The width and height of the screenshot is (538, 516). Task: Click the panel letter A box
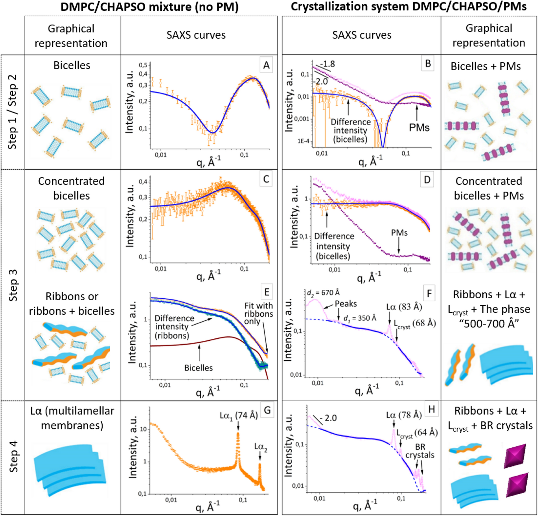tap(266, 65)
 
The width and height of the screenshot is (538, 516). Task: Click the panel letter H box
tap(432, 409)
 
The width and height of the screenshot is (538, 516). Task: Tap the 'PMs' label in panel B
tap(419, 127)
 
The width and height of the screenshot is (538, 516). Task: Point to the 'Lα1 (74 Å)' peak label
tap(238, 416)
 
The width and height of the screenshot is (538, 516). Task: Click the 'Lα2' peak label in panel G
tap(260, 447)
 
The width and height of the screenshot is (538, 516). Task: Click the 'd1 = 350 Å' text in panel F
tap(360, 318)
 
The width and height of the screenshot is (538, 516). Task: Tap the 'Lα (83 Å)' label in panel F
tap(404, 307)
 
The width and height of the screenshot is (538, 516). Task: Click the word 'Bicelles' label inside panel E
tap(198, 368)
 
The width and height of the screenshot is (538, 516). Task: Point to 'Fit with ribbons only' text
tap(258, 314)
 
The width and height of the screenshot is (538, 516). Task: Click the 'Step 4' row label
tap(13, 457)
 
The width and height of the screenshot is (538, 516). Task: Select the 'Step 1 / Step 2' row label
tap(12, 112)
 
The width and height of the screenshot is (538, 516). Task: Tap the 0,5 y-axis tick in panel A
tap(143, 65)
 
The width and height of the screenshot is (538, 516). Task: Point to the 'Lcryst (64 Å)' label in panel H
tap(417, 433)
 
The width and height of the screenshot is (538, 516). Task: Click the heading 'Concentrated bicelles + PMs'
tap(489, 188)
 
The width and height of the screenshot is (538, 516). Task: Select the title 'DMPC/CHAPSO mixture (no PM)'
tap(149, 7)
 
